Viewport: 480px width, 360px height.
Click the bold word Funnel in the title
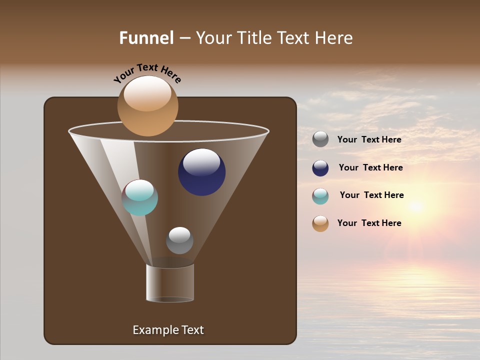tap(146, 38)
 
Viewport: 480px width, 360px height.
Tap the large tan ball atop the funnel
tap(147, 106)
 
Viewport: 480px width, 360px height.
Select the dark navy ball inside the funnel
tap(201, 172)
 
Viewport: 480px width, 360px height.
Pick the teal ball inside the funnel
tap(140, 197)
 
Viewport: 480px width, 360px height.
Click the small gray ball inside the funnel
tap(179, 240)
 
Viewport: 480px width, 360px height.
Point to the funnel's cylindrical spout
tap(170, 283)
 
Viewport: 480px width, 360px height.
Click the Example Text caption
tap(168, 330)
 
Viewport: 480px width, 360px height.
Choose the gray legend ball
tap(320, 139)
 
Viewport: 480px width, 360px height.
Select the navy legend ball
tap(320, 168)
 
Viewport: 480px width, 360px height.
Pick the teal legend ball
tap(320, 196)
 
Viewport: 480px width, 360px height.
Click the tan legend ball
tap(320, 223)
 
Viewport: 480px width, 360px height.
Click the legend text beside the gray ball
tap(369, 140)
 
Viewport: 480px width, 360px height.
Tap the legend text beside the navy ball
tap(370, 168)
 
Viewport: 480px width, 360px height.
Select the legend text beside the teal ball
tap(371, 195)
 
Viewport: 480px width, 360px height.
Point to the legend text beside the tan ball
tap(369, 223)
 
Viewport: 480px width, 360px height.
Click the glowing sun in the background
tap(415, 205)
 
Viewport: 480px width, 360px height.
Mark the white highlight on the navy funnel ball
tap(201, 161)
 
